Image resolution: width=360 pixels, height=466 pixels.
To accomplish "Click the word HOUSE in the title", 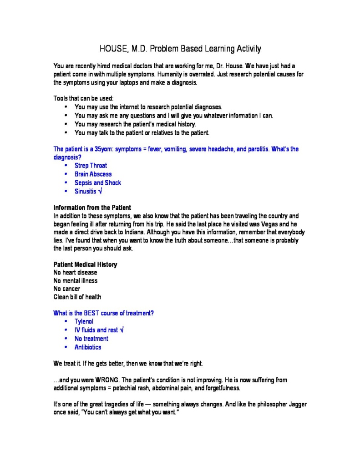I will click(114, 49).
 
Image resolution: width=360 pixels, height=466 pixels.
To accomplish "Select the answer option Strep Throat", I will click(91, 166).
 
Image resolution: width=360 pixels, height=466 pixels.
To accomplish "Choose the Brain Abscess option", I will click(93, 174).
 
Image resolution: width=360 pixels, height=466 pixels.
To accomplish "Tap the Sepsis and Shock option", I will click(98, 183).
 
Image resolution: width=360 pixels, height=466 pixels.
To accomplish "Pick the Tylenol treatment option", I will click(84, 322).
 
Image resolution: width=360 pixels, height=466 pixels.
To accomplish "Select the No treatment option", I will click(91, 339).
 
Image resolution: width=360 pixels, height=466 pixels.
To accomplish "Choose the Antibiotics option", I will click(88, 348).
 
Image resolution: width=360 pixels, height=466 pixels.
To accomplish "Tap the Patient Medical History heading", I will click(85, 264).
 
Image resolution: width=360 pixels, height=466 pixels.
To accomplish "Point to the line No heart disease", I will click(75, 273).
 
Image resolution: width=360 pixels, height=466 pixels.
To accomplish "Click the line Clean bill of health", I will click(77, 297).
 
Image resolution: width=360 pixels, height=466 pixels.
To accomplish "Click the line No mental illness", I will click(76, 281).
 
